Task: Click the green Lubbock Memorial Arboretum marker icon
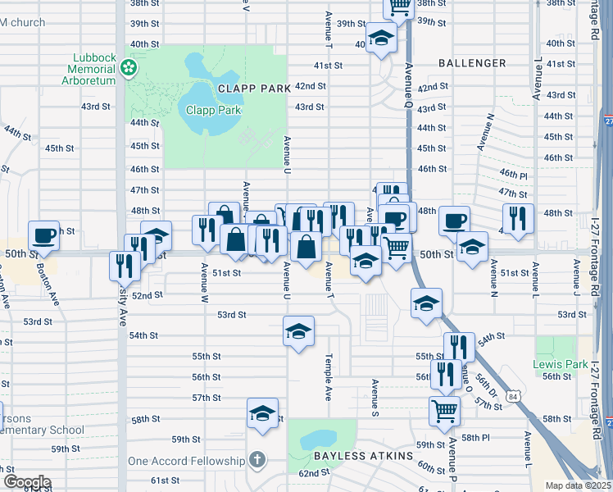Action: tap(128, 68)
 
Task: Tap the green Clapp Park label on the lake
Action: tap(213, 110)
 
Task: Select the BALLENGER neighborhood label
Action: tap(471, 62)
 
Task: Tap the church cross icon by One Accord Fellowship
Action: tap(257, 460)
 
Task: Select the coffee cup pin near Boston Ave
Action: tap(44, 235)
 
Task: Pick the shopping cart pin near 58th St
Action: tap(444, 410)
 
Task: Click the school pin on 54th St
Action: tap(298, 331)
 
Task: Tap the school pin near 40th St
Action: tap(381, 38)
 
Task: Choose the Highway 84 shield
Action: tap(512, 396)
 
